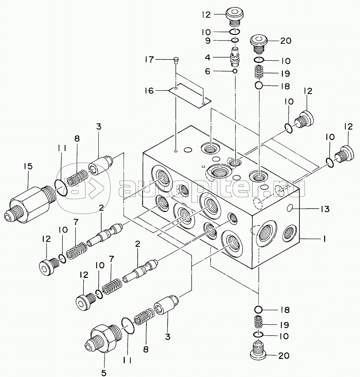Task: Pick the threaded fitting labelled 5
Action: pyautogui.click(x=103, y=338)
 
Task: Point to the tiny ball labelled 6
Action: pyautogui.click(x=235, y=71)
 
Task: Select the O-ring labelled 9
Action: pyautogui.click(x=235, y=40)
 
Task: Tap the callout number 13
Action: pyautogui.click(x=325, y=209)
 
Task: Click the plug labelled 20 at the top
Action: pyautogui.click(x=259, y=44)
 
